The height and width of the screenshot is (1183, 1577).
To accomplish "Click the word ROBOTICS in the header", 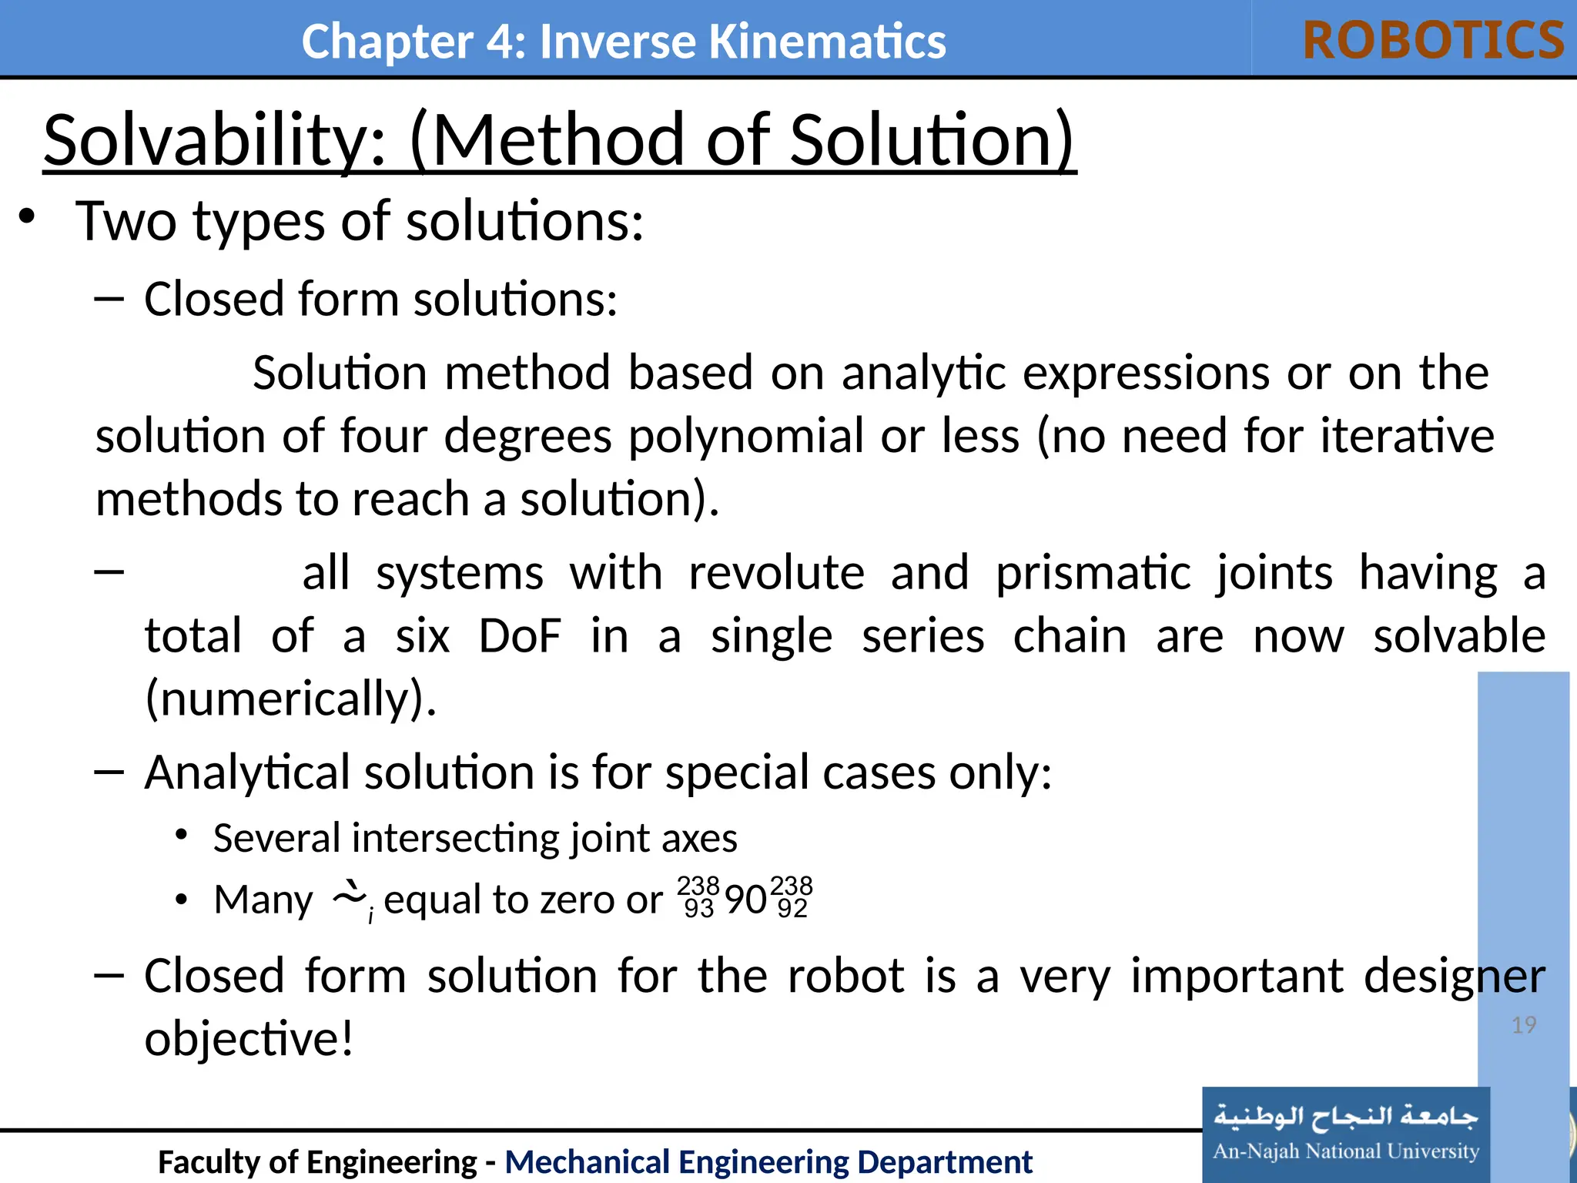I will (1433, 40).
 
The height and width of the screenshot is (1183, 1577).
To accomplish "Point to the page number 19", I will (1523, 1025).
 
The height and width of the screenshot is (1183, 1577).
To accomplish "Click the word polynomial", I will (746, 436).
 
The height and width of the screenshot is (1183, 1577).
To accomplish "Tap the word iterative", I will (1407, 436).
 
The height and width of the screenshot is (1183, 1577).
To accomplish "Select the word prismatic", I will (1093, 573).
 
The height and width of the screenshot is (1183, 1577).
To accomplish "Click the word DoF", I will (520, 636).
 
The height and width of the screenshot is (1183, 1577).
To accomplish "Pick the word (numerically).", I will (291, 699).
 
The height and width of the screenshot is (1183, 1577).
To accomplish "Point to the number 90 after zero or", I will (745, 900).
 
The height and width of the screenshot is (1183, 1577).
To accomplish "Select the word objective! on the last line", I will (249, 1038).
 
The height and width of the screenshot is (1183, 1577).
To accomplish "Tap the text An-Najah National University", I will (1345, 1151).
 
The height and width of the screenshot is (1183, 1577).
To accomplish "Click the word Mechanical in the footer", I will (586, 1161).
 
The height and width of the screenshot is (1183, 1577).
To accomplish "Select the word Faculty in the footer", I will (207, 1161).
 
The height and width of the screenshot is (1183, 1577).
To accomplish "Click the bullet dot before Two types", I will (27, 218).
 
